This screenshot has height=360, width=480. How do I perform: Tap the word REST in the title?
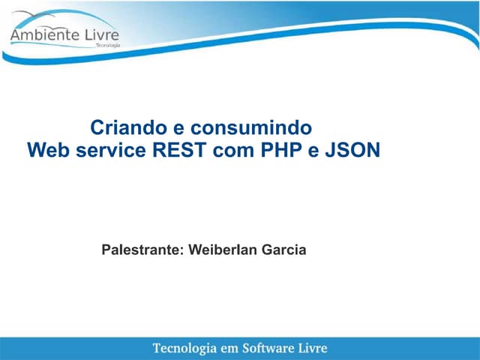pyautogui.click(x=180, y=150)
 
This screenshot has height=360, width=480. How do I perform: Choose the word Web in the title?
pyautogui.click(x=45, y=150)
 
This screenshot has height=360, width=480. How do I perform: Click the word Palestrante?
pyautogui.click(x=142, y=250)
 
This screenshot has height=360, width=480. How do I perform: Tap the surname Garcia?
pyautogui.click(x=283, y=250)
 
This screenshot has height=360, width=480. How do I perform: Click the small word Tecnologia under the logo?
pyautogui.click(x=107, y=46)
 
